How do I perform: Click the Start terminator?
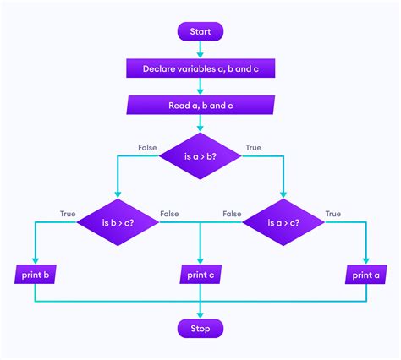click(x=200, y=31)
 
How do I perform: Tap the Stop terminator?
click(x=200, y=327)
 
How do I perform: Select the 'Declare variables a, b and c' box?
click(x=200, y=68)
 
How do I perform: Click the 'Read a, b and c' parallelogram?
click(x=200, y=106)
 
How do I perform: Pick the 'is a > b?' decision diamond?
click(x=200, y=157)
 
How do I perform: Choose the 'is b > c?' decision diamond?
click(x=118, y=222)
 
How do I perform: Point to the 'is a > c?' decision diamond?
click(x=283, y=222)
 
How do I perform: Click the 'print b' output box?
click(x=35, y=275)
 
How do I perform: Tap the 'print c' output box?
click(x=200, y=275)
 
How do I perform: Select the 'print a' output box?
click(x=365, y=275)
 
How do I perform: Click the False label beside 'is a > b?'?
click(x=148, y=148)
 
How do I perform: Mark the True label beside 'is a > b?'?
click(x=253, y=148)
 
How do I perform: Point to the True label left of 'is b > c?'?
click(x=68, y=214)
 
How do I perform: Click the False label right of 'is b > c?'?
click(x=169, y=214)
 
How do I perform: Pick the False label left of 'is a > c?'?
click(x=232, y=214)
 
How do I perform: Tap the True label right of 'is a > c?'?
click(x=333, y=214)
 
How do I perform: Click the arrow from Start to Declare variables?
click(x=200, y=50)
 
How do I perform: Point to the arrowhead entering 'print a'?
click(x=365, y=260)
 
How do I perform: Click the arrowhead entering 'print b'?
click(x=35, y=260)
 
